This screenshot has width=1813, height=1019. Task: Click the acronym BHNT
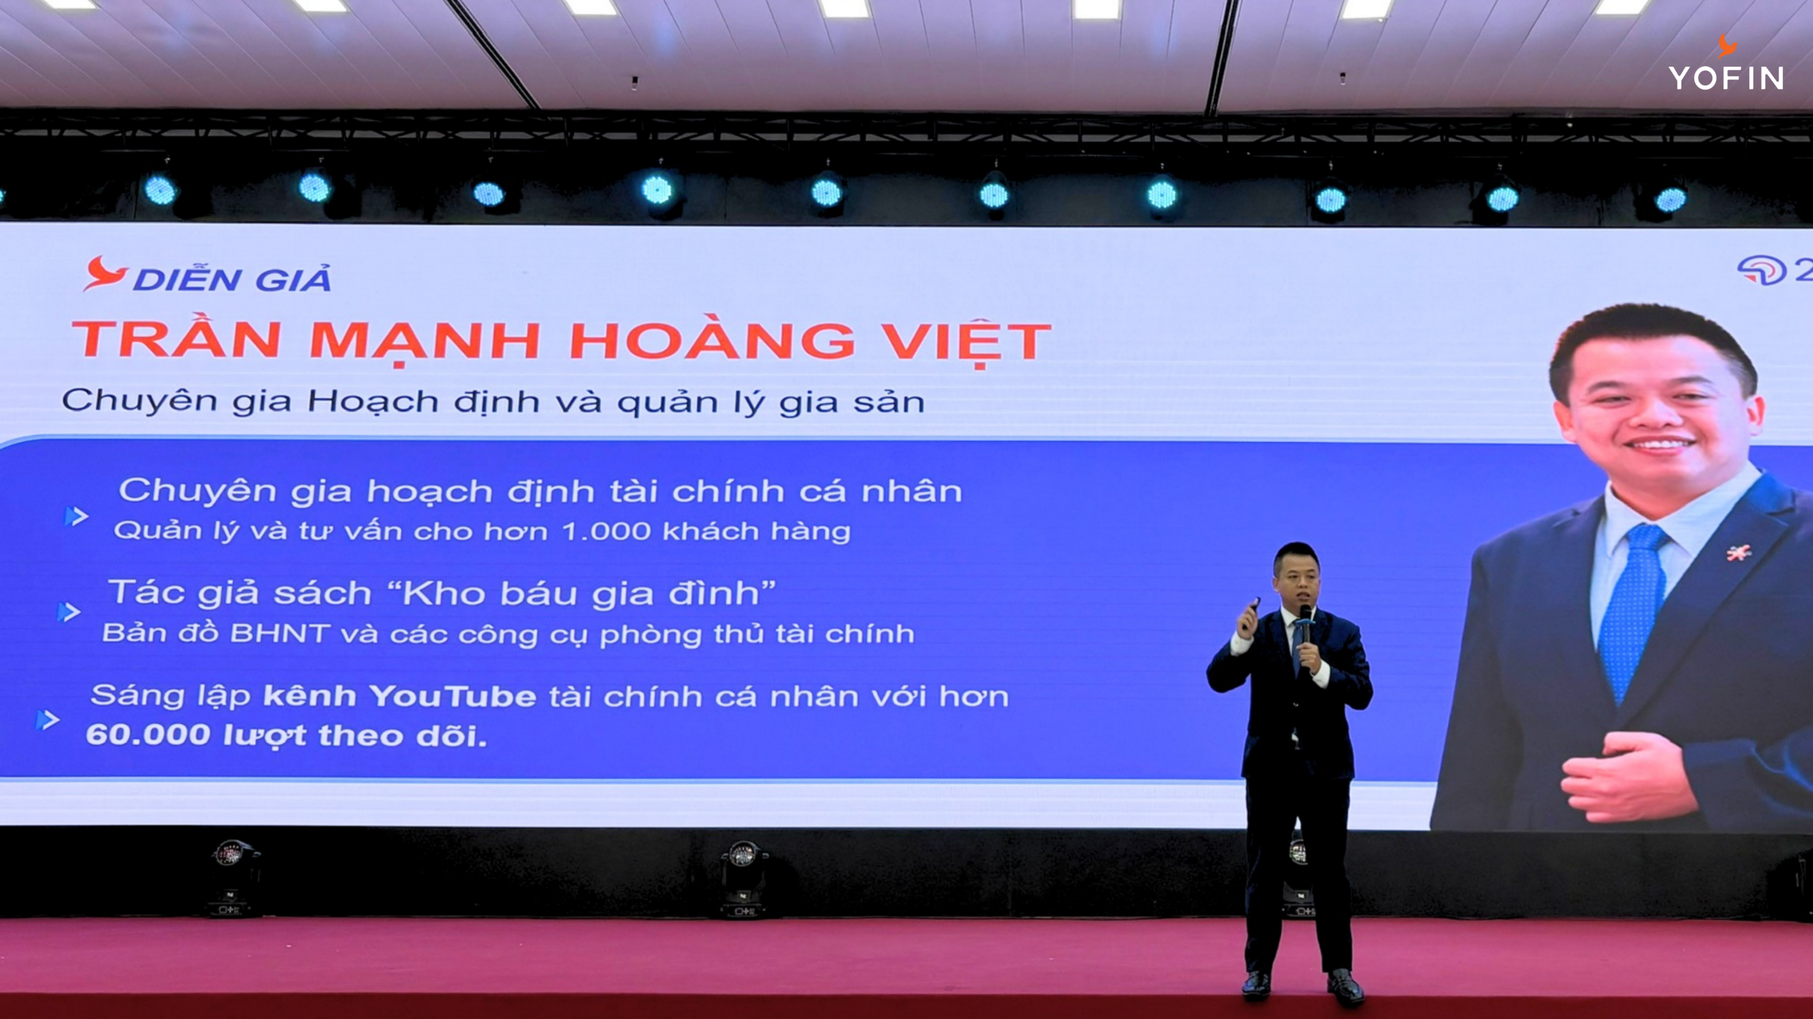coord(279,633)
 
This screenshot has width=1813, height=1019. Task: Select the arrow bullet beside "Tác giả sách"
coord(68,612)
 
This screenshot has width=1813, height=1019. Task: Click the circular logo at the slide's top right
coord(1761,270)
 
